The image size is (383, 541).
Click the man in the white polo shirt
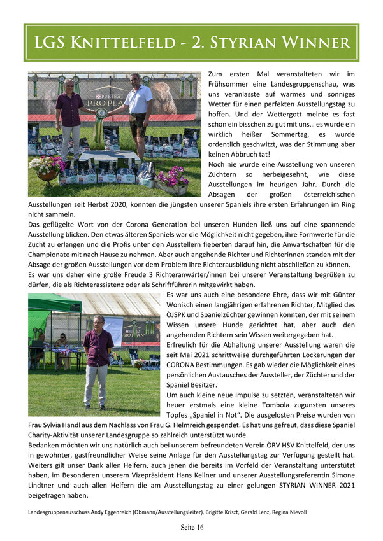[x=139, y=115]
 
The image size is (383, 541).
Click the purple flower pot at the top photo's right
[x=170, y=181]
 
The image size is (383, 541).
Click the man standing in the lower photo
[x=98, y=360]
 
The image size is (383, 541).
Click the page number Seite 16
[x=191, y=528]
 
